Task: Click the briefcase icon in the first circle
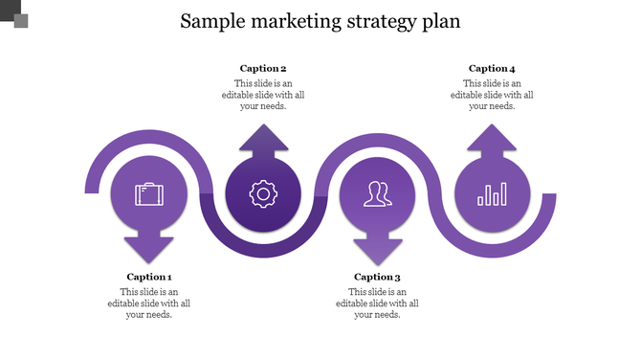tap(149, 194)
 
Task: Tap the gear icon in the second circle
tap(263, 194)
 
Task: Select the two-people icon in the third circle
tap(377, 194)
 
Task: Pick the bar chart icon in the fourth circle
tap(492, 194)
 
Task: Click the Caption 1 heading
tap(149, 277)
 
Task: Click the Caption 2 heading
tap(263, 68)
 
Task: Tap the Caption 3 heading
tap(377, 277)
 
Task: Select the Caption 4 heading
tap(492, 68)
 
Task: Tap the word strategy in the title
tap(384, 21)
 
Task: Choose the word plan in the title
tap(441, 21)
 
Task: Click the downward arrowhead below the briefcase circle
tap(149, 249)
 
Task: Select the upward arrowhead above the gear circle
tap(263, 139)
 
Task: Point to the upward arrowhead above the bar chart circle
tap(492, 139)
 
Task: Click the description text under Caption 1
tap(149, 303)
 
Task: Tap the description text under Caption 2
tap(263, 94)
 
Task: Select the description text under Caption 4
tap(492, 94)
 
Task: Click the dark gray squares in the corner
tap(14, 13)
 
